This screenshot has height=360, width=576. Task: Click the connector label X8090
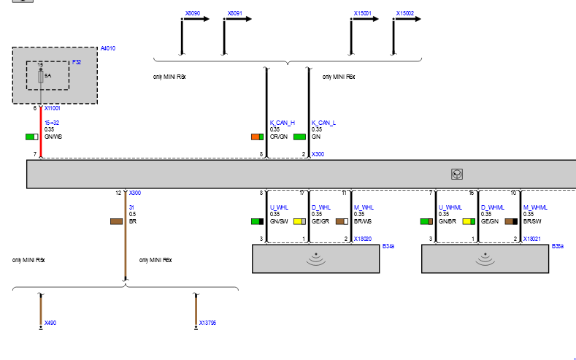pos(193,13)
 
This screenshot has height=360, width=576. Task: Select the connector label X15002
pos(405,13)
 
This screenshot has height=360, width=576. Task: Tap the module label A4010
pos(108,48)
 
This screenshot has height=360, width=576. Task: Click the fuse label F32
pos(76,63)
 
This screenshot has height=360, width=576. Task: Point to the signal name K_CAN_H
pos(282,123)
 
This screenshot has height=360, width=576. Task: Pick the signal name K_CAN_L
pos(323,123)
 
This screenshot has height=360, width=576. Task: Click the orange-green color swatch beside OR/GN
pos(257,137)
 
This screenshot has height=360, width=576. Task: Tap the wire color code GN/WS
pos(53,137)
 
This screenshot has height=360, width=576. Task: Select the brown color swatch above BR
pos(115,221)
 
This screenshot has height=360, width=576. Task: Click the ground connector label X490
pos(50,322)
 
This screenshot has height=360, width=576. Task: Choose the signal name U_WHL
pos(279,207)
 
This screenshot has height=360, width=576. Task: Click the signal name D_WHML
pos(492,207)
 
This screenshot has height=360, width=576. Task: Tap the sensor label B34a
pos(388,247)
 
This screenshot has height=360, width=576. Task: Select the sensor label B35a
pos(558,247)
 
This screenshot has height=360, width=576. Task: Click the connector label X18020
pos(363,239)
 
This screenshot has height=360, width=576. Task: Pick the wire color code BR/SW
pos(531,221)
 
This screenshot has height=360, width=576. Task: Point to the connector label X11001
pos(53,108)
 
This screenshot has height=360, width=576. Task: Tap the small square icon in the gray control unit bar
pos(456,175)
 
